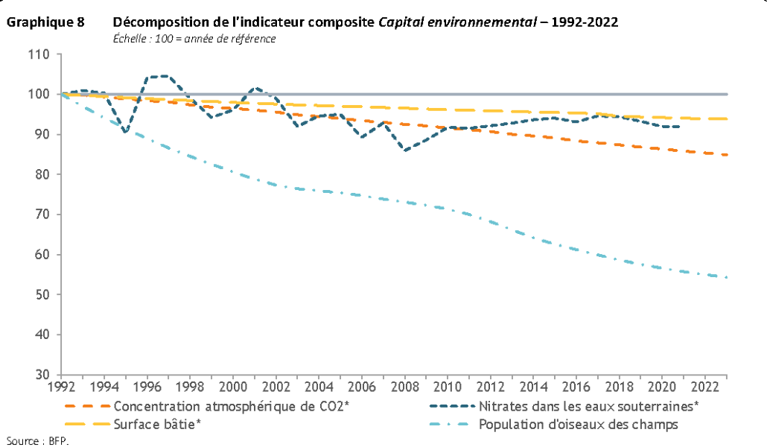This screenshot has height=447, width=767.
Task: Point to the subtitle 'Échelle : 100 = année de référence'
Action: coord(194,38)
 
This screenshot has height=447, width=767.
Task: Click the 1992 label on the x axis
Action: coord(61,387)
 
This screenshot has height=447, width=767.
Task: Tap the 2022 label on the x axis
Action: coord(704,387)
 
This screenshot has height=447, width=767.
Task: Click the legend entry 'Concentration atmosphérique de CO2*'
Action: coord(232,407)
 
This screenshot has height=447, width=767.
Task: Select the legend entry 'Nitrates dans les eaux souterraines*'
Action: coord(588,407)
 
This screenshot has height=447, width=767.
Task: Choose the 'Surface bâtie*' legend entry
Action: coord(157,425)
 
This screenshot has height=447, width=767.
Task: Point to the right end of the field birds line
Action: coord(726,277)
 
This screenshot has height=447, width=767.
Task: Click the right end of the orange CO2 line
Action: coord(726,155)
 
